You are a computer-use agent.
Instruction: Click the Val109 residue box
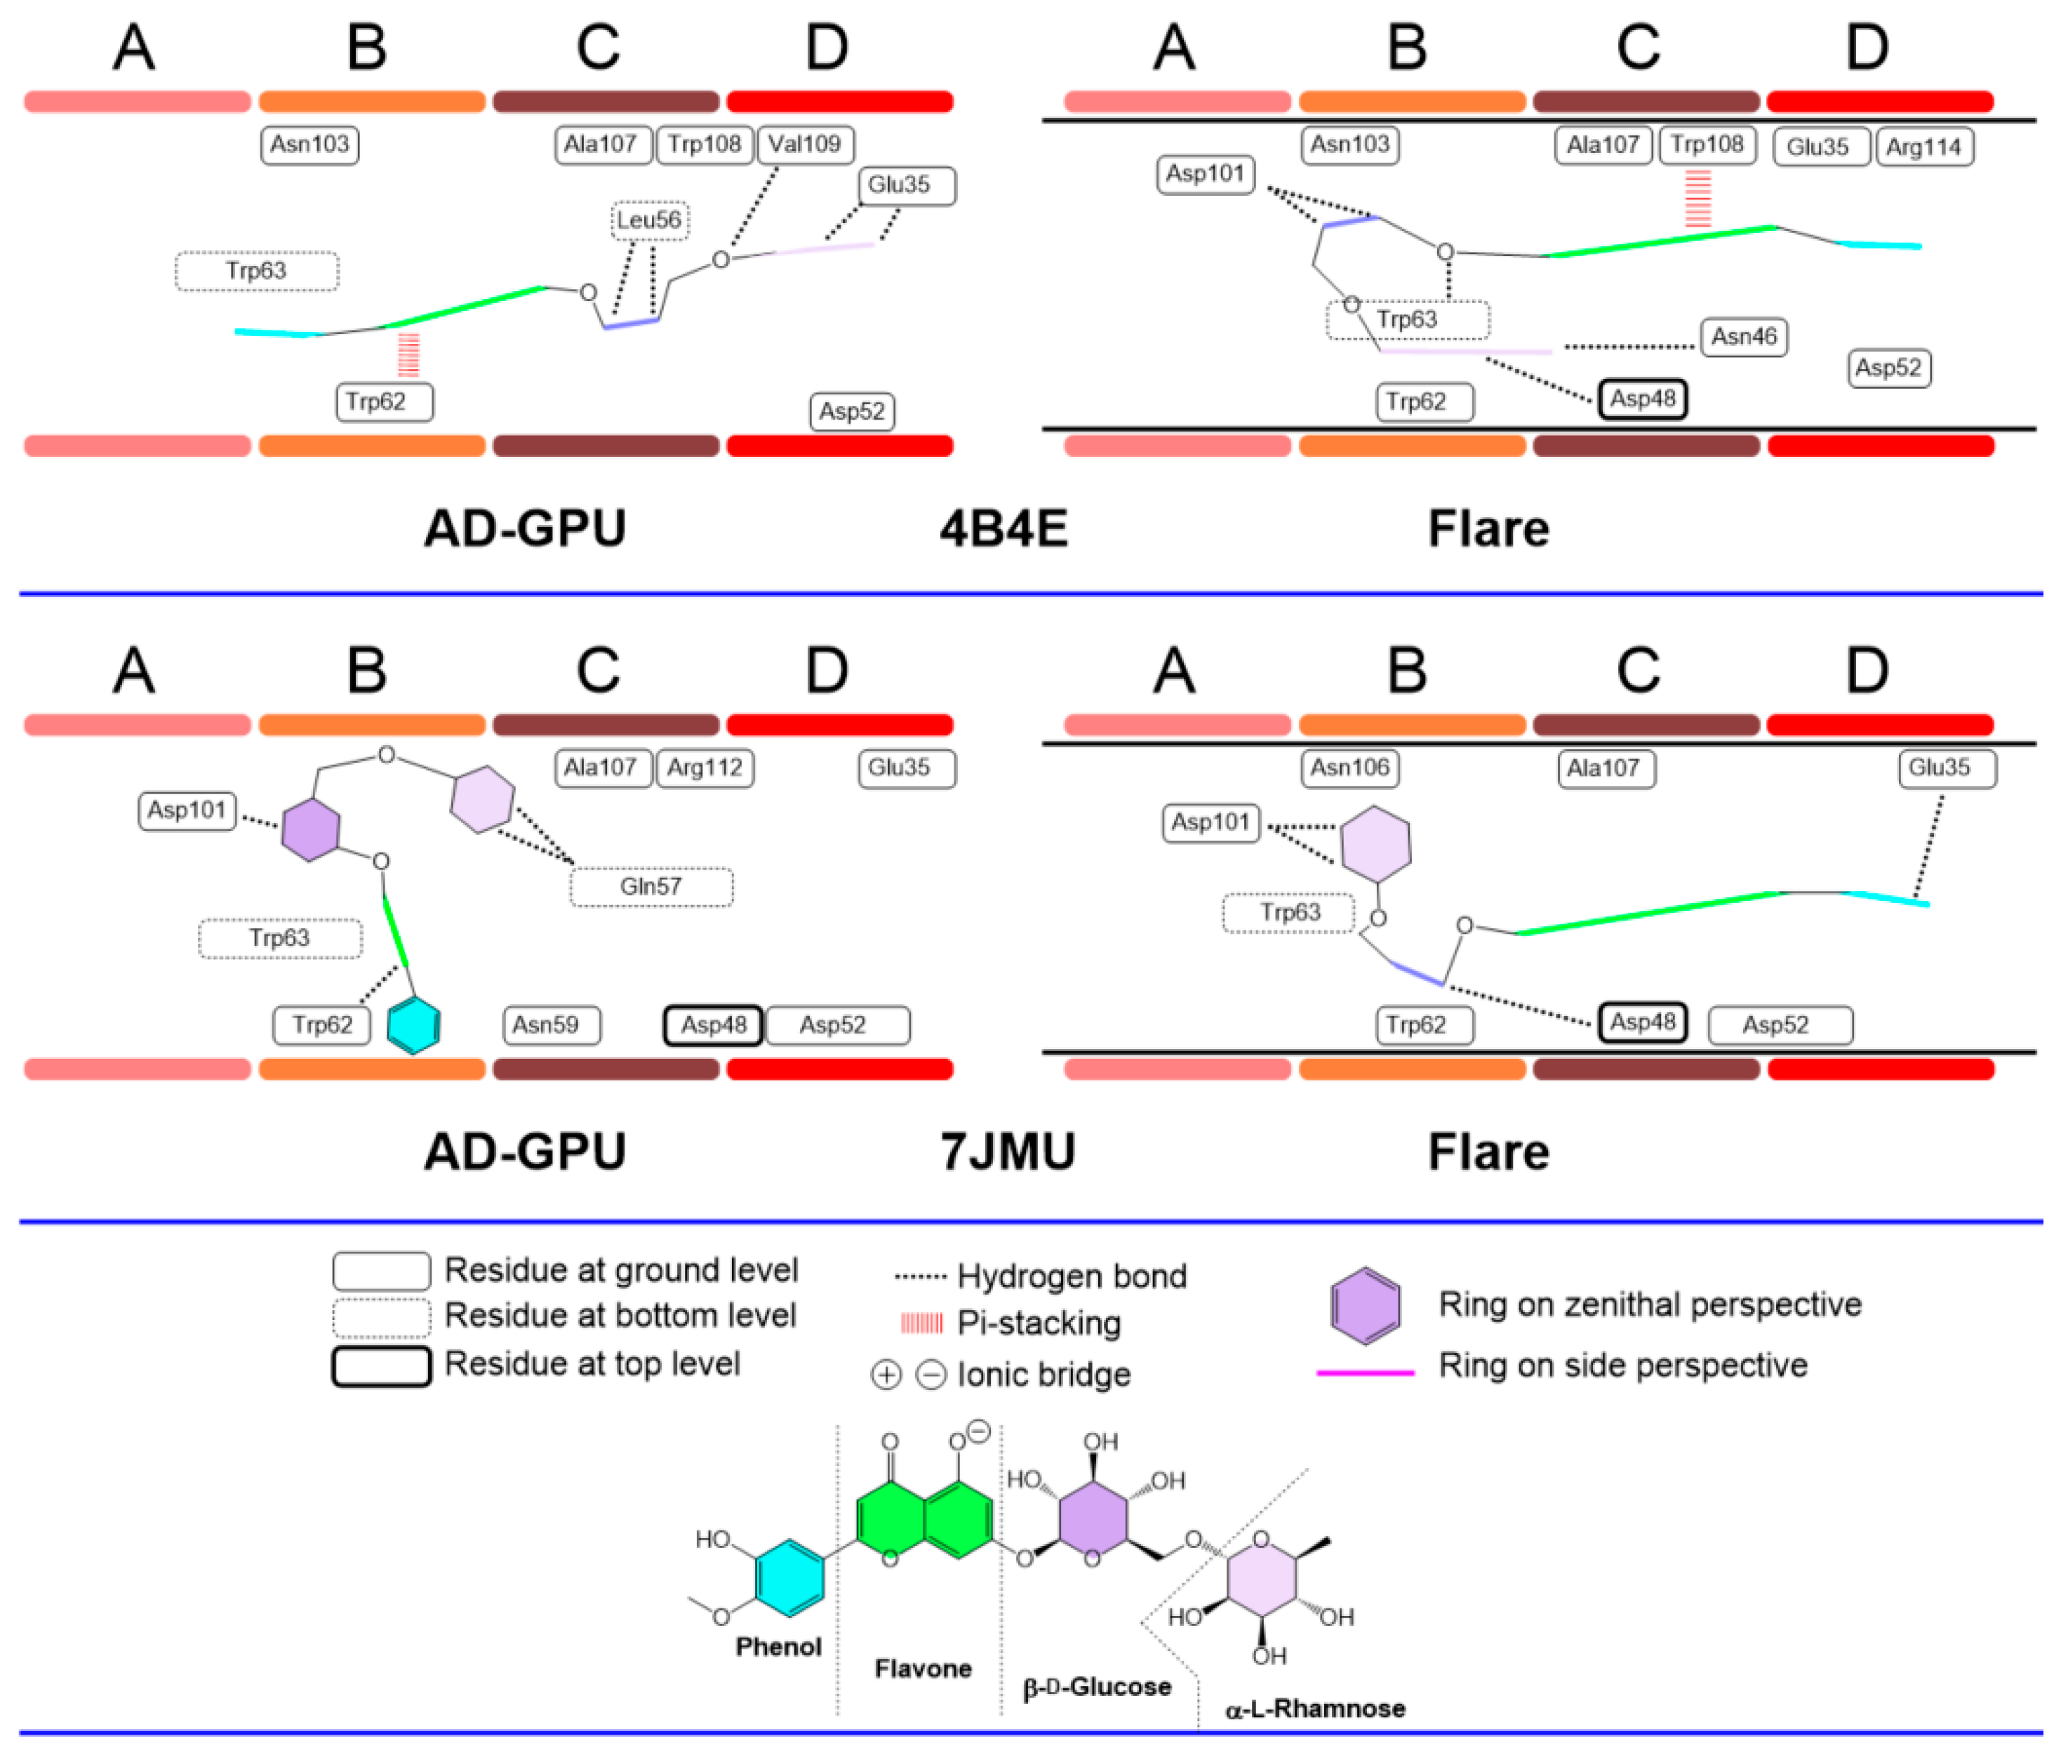[x=805, y=145]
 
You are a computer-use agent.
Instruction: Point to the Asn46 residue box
[x=1744, y=336]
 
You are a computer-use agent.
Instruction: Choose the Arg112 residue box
[x=705, y=768]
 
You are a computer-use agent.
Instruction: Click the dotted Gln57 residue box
[x=651, y=886]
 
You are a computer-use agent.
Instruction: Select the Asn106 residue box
[x=1350, y=768]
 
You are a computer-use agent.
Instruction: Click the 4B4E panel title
[x=1003, y=528]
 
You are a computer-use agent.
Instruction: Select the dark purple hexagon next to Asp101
[x=310, y=829]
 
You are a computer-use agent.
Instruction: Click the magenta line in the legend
[x=1366, y=1373]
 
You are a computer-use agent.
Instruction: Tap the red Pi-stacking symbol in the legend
[x=921, y=1323]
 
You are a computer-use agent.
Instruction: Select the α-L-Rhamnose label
[x=1315, y=1708]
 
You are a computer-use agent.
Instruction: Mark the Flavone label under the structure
[x=923, y=1669]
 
